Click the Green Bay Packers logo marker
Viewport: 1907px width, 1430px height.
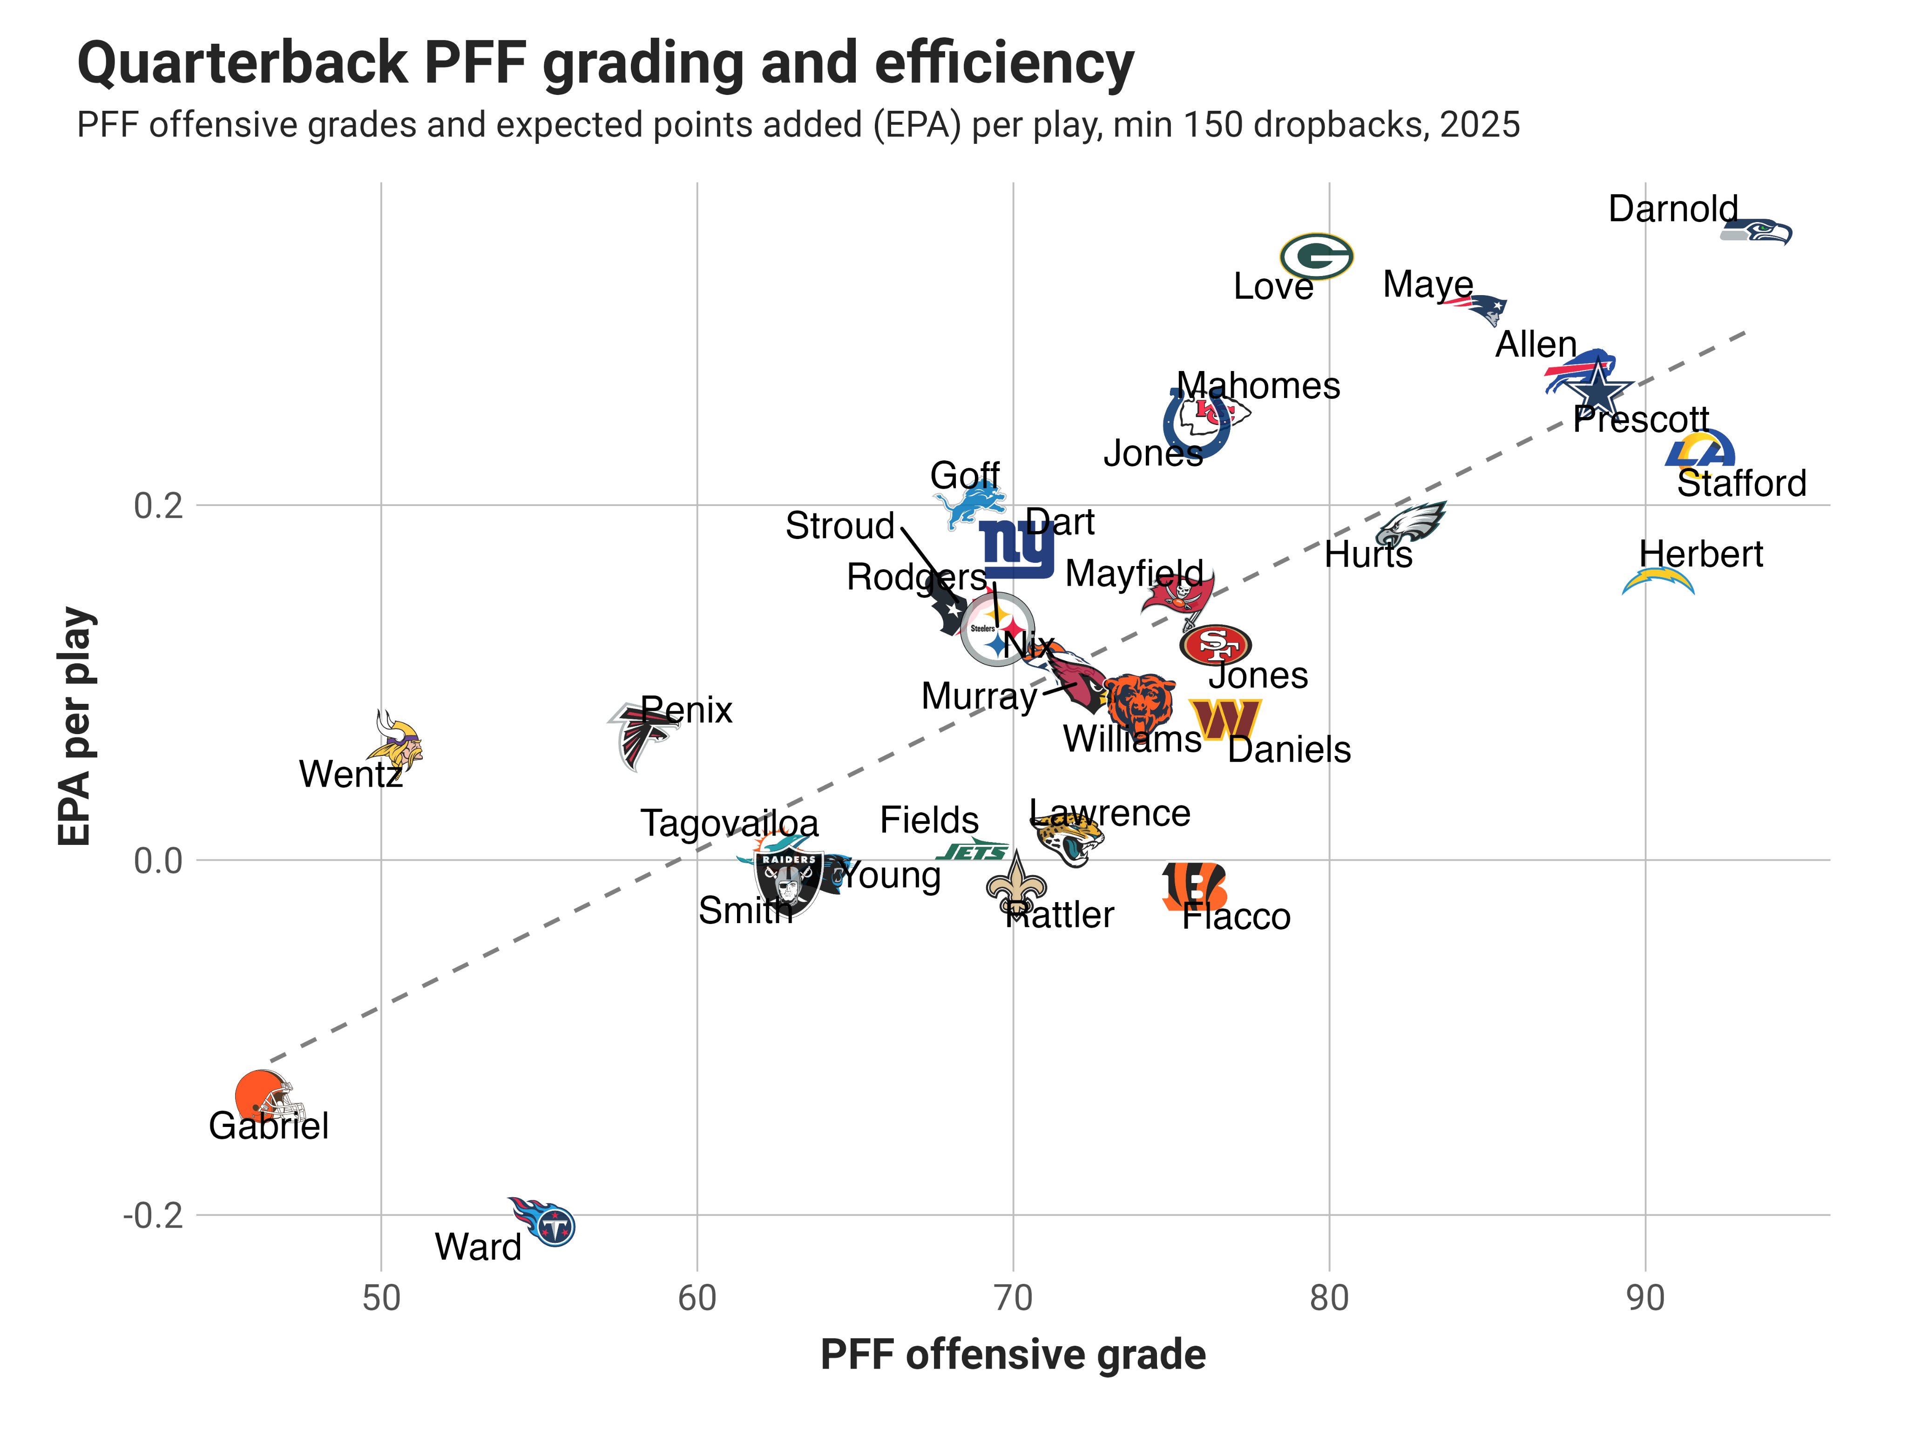pyautogui.click(x=1316, y=256)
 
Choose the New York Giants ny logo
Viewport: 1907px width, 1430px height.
pyautogui.click(x=1017, y=549)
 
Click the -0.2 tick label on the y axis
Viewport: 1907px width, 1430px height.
pyautogui.click(x=154, y=1215)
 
